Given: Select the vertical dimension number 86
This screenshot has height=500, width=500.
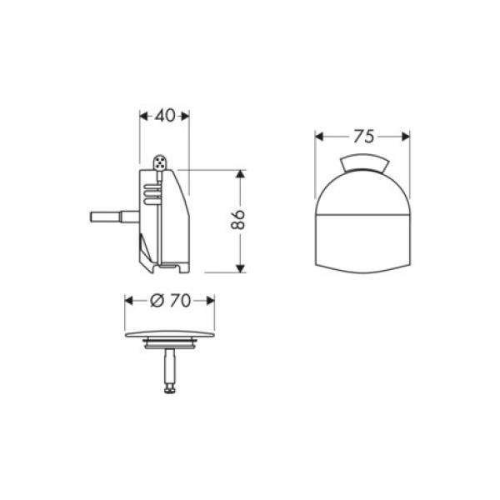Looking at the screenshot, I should click(x=238, y=221).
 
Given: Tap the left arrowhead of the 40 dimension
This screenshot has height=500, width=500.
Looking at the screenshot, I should click(x=141, y=116).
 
